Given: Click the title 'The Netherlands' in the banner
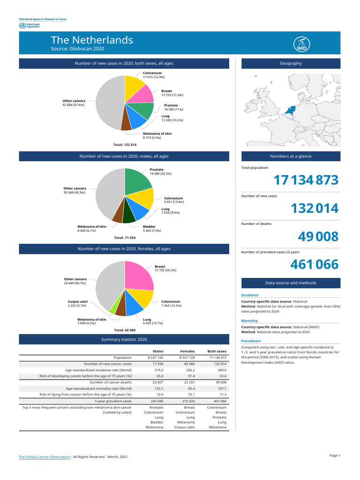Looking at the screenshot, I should click(92, 40).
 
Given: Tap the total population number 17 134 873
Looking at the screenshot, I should click(306, 180).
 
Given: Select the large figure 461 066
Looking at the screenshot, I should click(314, 265).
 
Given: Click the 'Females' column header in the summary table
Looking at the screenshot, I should click(187, 351).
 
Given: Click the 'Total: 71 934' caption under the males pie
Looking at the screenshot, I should click(125, 238).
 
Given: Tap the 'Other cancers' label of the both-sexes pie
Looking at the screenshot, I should click(74, 101).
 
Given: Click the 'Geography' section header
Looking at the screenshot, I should click(291, 63).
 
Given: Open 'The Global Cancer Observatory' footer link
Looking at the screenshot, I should click(45, 456).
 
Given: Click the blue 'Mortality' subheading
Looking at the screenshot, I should click(249, 321).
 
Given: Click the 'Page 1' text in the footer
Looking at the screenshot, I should click(335, 455).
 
